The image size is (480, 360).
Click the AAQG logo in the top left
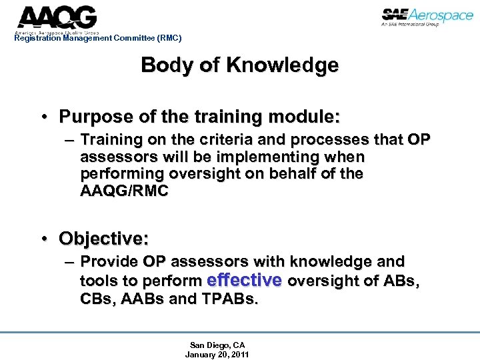(x=57, y=18)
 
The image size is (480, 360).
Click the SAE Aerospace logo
(x=427, y=17)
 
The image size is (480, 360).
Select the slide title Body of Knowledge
(x=239, y=65)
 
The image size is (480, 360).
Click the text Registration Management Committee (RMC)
(x=97, y=38)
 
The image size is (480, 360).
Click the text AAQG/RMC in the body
(x=124, y=191)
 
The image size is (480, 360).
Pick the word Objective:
(x=103, y=238)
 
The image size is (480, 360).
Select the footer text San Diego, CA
(x=217, y=345)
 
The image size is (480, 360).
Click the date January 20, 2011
(x=217, y=354)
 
